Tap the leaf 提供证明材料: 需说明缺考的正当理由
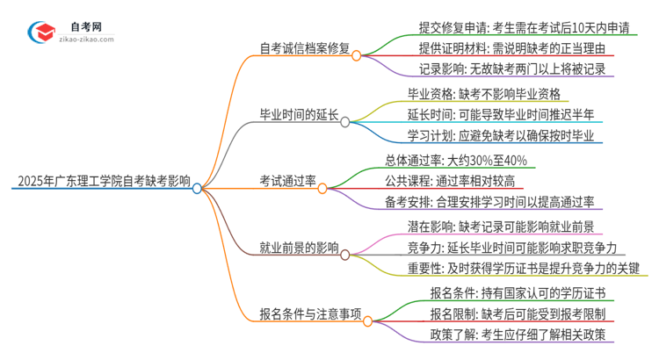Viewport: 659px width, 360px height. click(502, 48)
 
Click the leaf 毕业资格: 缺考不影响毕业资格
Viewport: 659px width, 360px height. click(483, 94)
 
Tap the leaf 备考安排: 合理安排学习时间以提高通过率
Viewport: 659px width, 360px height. click(493, 201)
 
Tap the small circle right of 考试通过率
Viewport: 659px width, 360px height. click(323, 187)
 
